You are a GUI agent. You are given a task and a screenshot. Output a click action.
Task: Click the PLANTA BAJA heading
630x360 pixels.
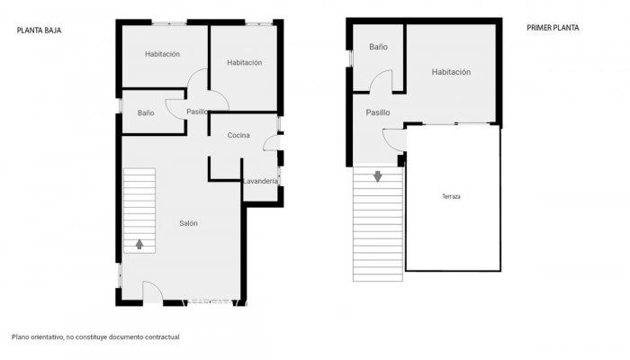[x=39, y=29]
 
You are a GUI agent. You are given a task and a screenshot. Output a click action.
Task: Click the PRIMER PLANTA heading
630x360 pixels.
[x=553, y=28]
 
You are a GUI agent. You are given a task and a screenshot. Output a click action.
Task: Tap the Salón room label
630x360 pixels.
[x=188, y=223]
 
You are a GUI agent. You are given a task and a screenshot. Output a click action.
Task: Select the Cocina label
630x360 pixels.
[x=238, y=136]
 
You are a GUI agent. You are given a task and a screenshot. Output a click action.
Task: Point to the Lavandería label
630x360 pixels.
[x=260, y=182]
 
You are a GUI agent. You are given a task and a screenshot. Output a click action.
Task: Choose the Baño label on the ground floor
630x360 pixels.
[x=146, y=113]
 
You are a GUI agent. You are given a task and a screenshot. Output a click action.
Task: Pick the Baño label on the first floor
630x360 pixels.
[x=378, y=46]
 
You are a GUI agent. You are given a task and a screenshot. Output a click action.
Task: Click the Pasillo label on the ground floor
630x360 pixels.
[x=198, y=112]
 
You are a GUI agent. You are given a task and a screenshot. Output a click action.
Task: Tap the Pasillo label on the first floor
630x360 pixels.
[x=378, y=112]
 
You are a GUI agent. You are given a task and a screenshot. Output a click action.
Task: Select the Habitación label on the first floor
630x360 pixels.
[x=451, y=72]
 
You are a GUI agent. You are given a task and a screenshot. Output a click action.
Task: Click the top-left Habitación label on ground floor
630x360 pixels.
[x=163, y=54]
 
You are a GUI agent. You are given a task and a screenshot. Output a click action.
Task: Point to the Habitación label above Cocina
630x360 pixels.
[x=244, y=62]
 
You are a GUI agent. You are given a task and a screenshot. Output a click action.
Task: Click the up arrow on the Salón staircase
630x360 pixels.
[x=139, y=244]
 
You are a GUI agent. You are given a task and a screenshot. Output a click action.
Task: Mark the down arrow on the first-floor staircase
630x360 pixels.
[x=377, y=176]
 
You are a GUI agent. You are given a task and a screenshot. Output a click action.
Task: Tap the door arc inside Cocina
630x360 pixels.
[x=271, y=142]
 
